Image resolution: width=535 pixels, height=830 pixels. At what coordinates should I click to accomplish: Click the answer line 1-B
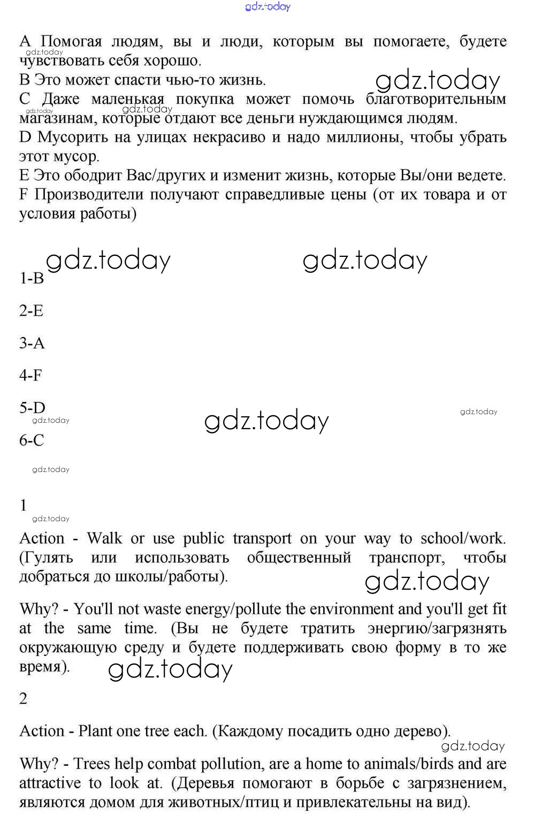(x=32, y=278)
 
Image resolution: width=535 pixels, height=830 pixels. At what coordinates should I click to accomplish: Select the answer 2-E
(x=32, y=311)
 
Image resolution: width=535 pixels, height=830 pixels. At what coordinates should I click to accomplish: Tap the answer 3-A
(x=32, y=343)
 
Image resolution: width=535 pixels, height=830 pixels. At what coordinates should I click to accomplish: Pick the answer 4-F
(x=30, y=375)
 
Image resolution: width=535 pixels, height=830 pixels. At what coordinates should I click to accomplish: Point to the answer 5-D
(x=32, y=408)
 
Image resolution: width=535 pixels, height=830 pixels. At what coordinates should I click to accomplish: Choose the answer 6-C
(x=32, y=440)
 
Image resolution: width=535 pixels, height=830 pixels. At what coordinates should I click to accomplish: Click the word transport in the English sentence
(x=262, y=538)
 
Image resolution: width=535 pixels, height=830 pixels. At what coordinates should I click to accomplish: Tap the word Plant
(x=96, y=731)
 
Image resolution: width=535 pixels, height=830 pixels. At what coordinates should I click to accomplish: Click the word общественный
(x=299, y=558)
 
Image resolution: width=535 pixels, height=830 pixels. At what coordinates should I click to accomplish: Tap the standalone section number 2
(x=23, y=699)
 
